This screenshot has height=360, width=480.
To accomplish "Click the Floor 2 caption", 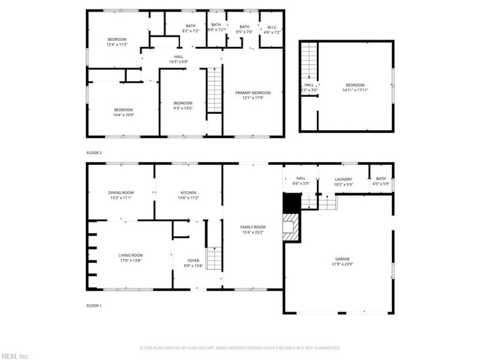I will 94,153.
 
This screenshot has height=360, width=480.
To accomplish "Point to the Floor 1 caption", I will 94,305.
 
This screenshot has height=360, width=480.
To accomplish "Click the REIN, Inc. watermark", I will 15,356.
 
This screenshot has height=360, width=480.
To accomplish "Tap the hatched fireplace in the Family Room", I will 291,228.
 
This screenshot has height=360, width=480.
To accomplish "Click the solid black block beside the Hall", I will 291,203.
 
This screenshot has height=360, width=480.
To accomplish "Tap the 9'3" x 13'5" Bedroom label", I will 183,104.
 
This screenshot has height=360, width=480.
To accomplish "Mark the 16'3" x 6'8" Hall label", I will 179,58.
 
